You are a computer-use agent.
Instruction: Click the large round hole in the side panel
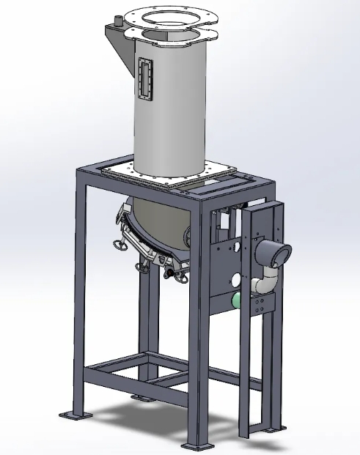pos(235,278)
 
